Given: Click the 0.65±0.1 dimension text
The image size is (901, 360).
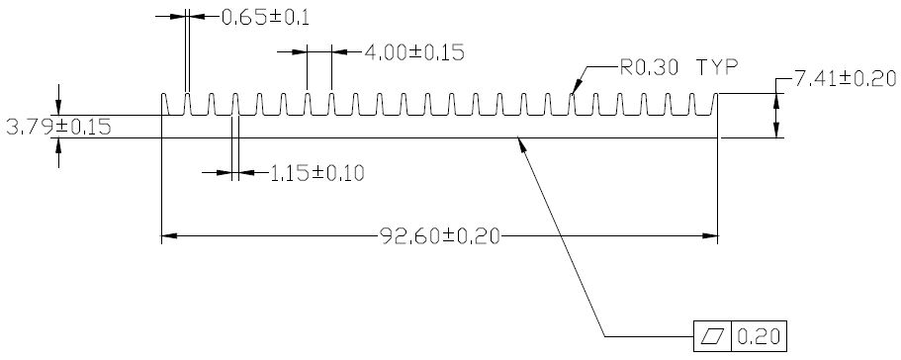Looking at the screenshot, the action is point(265,18).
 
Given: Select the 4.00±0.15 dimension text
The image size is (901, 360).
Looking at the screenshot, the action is point(414,52).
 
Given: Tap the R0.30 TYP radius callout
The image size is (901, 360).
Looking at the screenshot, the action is point(678,68).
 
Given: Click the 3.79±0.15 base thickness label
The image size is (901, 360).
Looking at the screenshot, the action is point(58,127).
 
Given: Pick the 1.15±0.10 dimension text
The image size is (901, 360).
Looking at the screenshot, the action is point(317,173).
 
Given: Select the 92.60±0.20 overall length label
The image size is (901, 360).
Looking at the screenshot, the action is point(440,236).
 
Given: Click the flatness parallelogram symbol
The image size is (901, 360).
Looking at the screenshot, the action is point(712,336).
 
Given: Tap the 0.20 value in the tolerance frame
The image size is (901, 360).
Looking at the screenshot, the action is point(759,336).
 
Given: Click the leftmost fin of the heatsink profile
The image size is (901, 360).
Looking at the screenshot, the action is point(164,104).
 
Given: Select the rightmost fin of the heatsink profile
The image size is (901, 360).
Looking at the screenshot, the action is point(715,104).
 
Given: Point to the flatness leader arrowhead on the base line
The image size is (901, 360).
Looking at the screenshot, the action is point(521,144).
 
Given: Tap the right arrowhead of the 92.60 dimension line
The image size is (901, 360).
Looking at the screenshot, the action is point(711,235).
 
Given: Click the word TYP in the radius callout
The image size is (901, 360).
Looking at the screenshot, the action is point(718,68).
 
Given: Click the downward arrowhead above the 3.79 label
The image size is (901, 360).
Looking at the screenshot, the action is point(58,108).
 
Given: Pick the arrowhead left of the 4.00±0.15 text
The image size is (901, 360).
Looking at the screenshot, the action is point(300,51).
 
